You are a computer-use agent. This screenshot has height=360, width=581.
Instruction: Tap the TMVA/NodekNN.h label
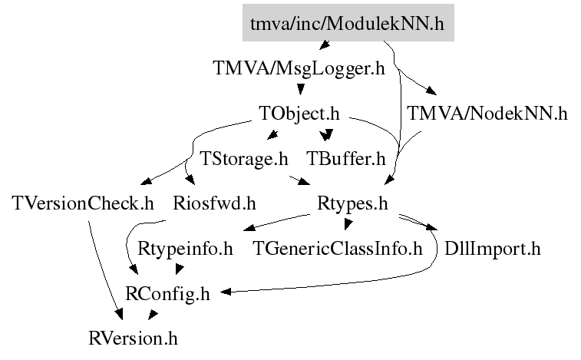487,114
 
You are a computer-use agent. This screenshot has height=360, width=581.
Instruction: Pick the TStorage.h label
244,159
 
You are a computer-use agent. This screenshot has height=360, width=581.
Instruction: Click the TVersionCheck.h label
84,204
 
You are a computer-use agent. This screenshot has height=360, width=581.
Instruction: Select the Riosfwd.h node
213,204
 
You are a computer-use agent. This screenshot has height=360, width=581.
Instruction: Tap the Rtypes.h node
352,204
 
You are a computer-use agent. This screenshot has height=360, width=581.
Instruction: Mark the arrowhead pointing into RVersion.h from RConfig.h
152,316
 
